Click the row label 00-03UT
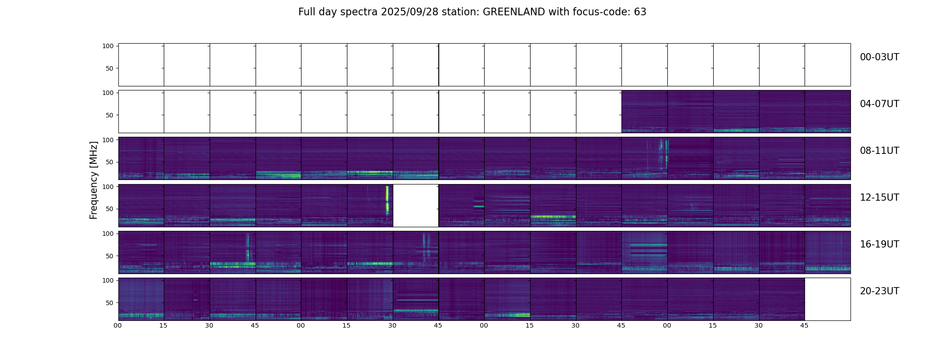click(879, 57)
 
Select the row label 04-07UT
click(879, 104)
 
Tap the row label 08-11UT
click(879, 151)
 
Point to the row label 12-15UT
click(879, 198)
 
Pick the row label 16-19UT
click(879, 244)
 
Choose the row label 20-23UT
click(879, 291)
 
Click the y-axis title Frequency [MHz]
click(94, 180)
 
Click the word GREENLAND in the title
click(514, 12)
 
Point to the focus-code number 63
click(640, 12)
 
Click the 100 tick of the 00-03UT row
click(108, 46)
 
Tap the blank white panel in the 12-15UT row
click(416, 206)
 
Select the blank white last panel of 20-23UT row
click(828, 299)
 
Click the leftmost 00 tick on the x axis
click(118, 325)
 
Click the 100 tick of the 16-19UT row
click(108, 234)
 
